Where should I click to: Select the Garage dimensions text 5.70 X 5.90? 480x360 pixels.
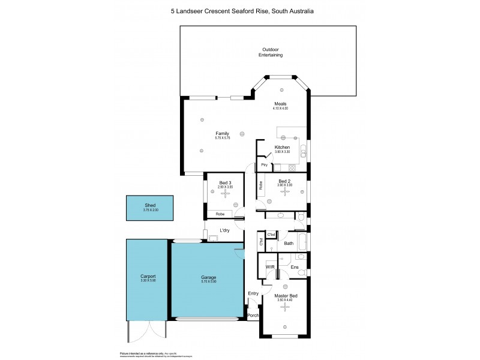(x=208, y=282)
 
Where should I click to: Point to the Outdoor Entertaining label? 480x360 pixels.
(x=271, y=52)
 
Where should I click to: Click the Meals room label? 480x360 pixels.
(x=280, y=104)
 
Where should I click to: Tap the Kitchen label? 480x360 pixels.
(x=282, y=147)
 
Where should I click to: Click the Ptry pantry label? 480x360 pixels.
(x=264, y=165)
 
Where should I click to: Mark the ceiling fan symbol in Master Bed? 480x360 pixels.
(x=286, y=307)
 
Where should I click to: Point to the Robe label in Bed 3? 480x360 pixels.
(x=220, y=214)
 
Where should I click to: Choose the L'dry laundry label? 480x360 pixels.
(x=224, y=230)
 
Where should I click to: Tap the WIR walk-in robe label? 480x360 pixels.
(x=270, y=266)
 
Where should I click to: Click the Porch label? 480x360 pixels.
(x=253, y=316)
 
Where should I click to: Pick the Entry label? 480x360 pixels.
(x=253, y=293)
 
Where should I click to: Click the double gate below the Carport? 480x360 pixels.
(x=147, y=329)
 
